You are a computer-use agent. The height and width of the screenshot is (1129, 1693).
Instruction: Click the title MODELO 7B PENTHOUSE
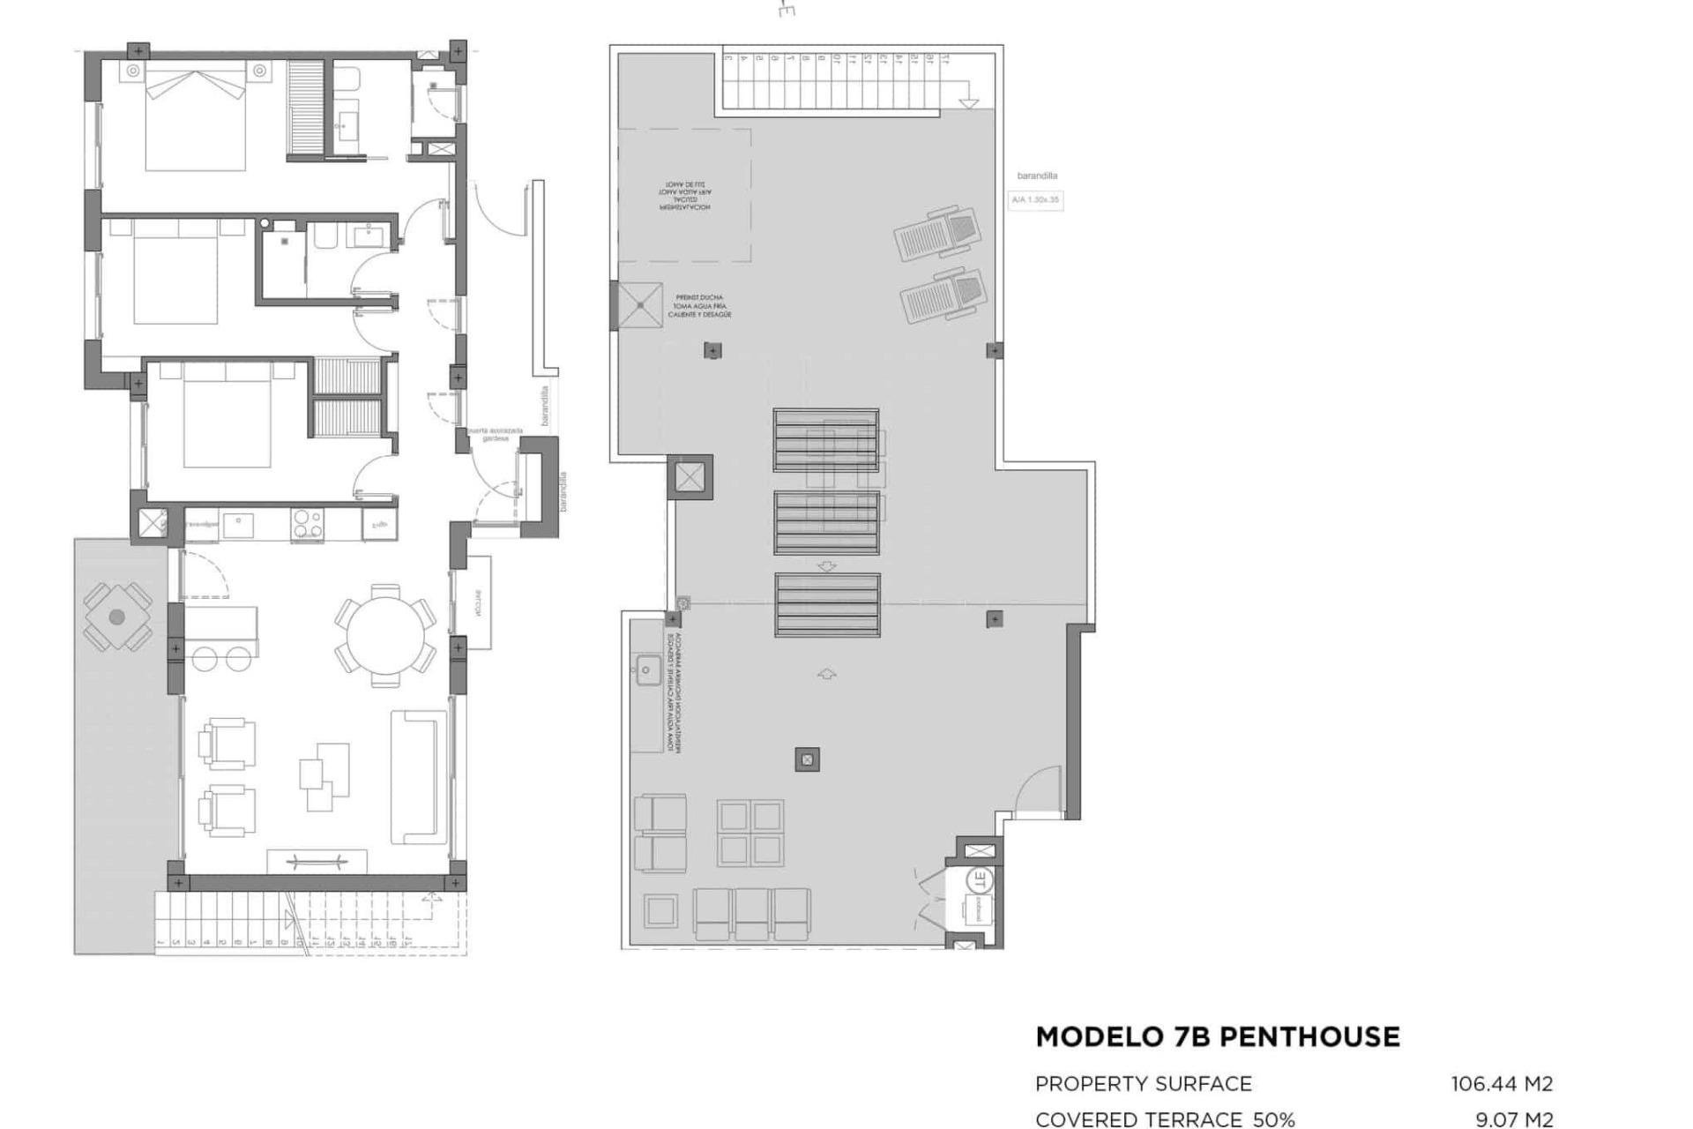pyautogui.click(x=1217, y=1037)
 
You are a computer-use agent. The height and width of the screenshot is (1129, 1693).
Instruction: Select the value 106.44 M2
pyautogui.click(x=1502, y=1084)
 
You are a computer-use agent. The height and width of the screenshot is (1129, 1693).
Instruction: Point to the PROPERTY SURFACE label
pyautogui.click(x=1143, y=1084)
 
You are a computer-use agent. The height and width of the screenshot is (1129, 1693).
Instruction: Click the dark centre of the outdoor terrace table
pyautogui.click(x=117, y=617)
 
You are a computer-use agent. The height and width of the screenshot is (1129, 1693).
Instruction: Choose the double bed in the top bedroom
pyautogui.click(x=195, y=119)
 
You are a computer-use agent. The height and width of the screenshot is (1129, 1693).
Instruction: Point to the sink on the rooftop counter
pyautogui.click(x=646, y=670)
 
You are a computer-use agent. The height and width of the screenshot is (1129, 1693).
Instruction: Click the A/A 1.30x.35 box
pyautogui.click(x=1035, y=200)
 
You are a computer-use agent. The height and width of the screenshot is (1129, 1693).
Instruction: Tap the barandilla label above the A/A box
pyautogui.click(x=1037, y=176)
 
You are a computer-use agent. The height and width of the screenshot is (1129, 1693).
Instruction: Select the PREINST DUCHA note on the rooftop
pyautogui.click(x=699, y=306)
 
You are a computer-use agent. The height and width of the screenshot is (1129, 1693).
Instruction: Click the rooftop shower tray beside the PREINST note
pyautogui.click(x=640, y=305)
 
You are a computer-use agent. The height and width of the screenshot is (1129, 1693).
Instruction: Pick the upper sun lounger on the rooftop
pyautogui.click(x=938, y=232)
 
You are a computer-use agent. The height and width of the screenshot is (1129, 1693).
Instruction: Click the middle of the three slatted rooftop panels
pyautogui.click(x=826, y=523)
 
